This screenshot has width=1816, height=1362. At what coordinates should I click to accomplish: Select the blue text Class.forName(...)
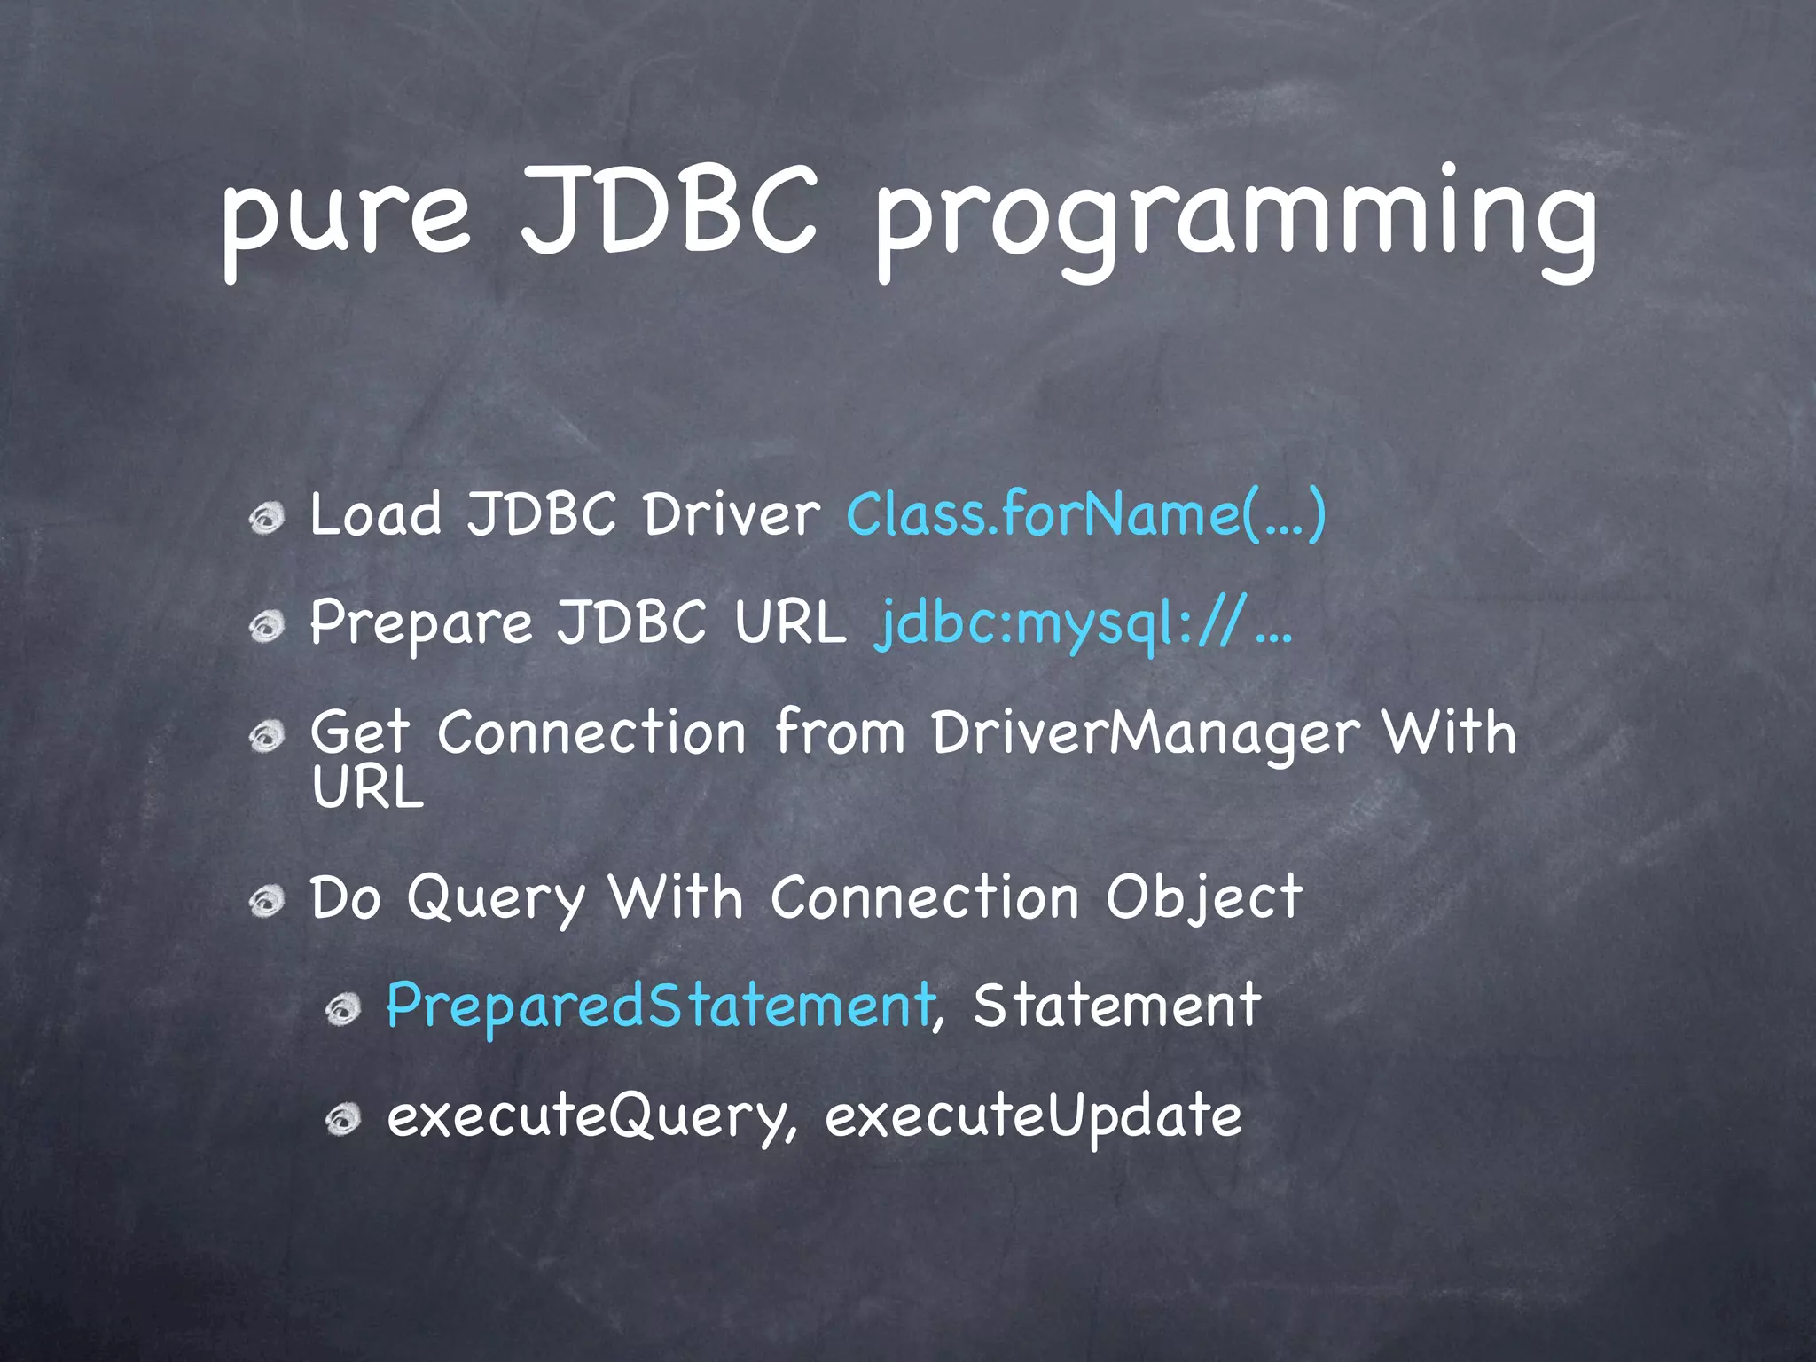(1085, 514)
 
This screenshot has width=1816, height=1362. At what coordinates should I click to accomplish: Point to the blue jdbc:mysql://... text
(1082, 623)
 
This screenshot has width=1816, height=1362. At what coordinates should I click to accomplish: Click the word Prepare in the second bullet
(421, 623)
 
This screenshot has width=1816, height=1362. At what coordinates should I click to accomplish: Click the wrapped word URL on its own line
(368, 787)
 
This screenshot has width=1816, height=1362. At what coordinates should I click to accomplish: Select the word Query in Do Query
(497, 899)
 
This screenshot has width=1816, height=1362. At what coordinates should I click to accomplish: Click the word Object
(1203, 899)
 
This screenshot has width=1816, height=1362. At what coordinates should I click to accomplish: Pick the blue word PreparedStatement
(661, 1007)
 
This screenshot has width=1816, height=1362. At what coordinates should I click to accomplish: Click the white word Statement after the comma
(1116, 1006)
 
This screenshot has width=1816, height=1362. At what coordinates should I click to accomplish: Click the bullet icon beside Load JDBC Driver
(266, 519)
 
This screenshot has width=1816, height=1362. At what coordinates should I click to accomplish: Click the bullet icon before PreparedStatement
(342, 1010)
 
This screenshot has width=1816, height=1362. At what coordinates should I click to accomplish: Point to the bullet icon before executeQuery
(342, 1121)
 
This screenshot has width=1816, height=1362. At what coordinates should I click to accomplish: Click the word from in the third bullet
(839, 734)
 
